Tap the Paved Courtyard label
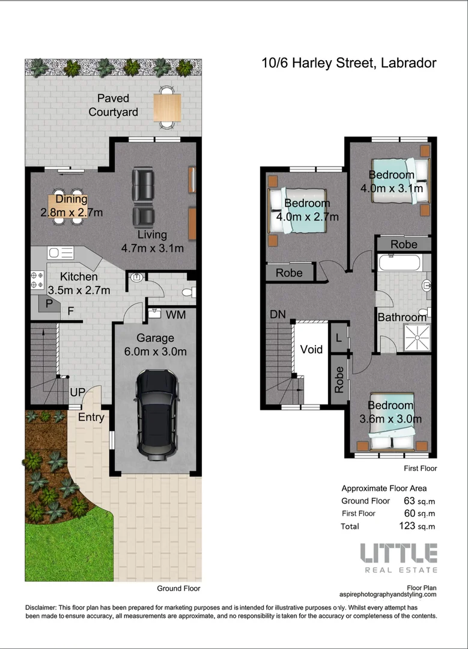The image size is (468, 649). pyautogui.click(x=113, y=105)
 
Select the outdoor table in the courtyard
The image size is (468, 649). pyautogui.click(x=166, y=107)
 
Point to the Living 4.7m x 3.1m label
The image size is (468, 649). pyautogui.click(x=152, y=241)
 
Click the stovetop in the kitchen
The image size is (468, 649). pyautogui.click(x=37, y=279)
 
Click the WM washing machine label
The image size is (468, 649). pyautogui.click(x=175, y=314)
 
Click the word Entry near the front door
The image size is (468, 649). pyautogui.click(x=91, y=417)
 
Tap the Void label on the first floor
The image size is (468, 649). pyautogui.click(x=311, y=349)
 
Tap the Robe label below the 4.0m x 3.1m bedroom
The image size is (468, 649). pyautogui.click(x=404, y=244)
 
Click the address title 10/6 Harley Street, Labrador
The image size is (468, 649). pyautogui.click(x=348, y=63)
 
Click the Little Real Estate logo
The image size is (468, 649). pyautogui.click(x=398, y=557)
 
